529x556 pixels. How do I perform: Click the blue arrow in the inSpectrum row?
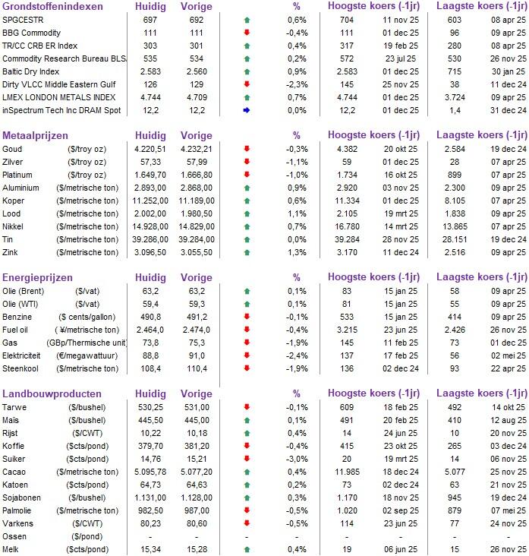tap(247, 110)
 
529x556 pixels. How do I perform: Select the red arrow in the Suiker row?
tap(247, 458)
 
